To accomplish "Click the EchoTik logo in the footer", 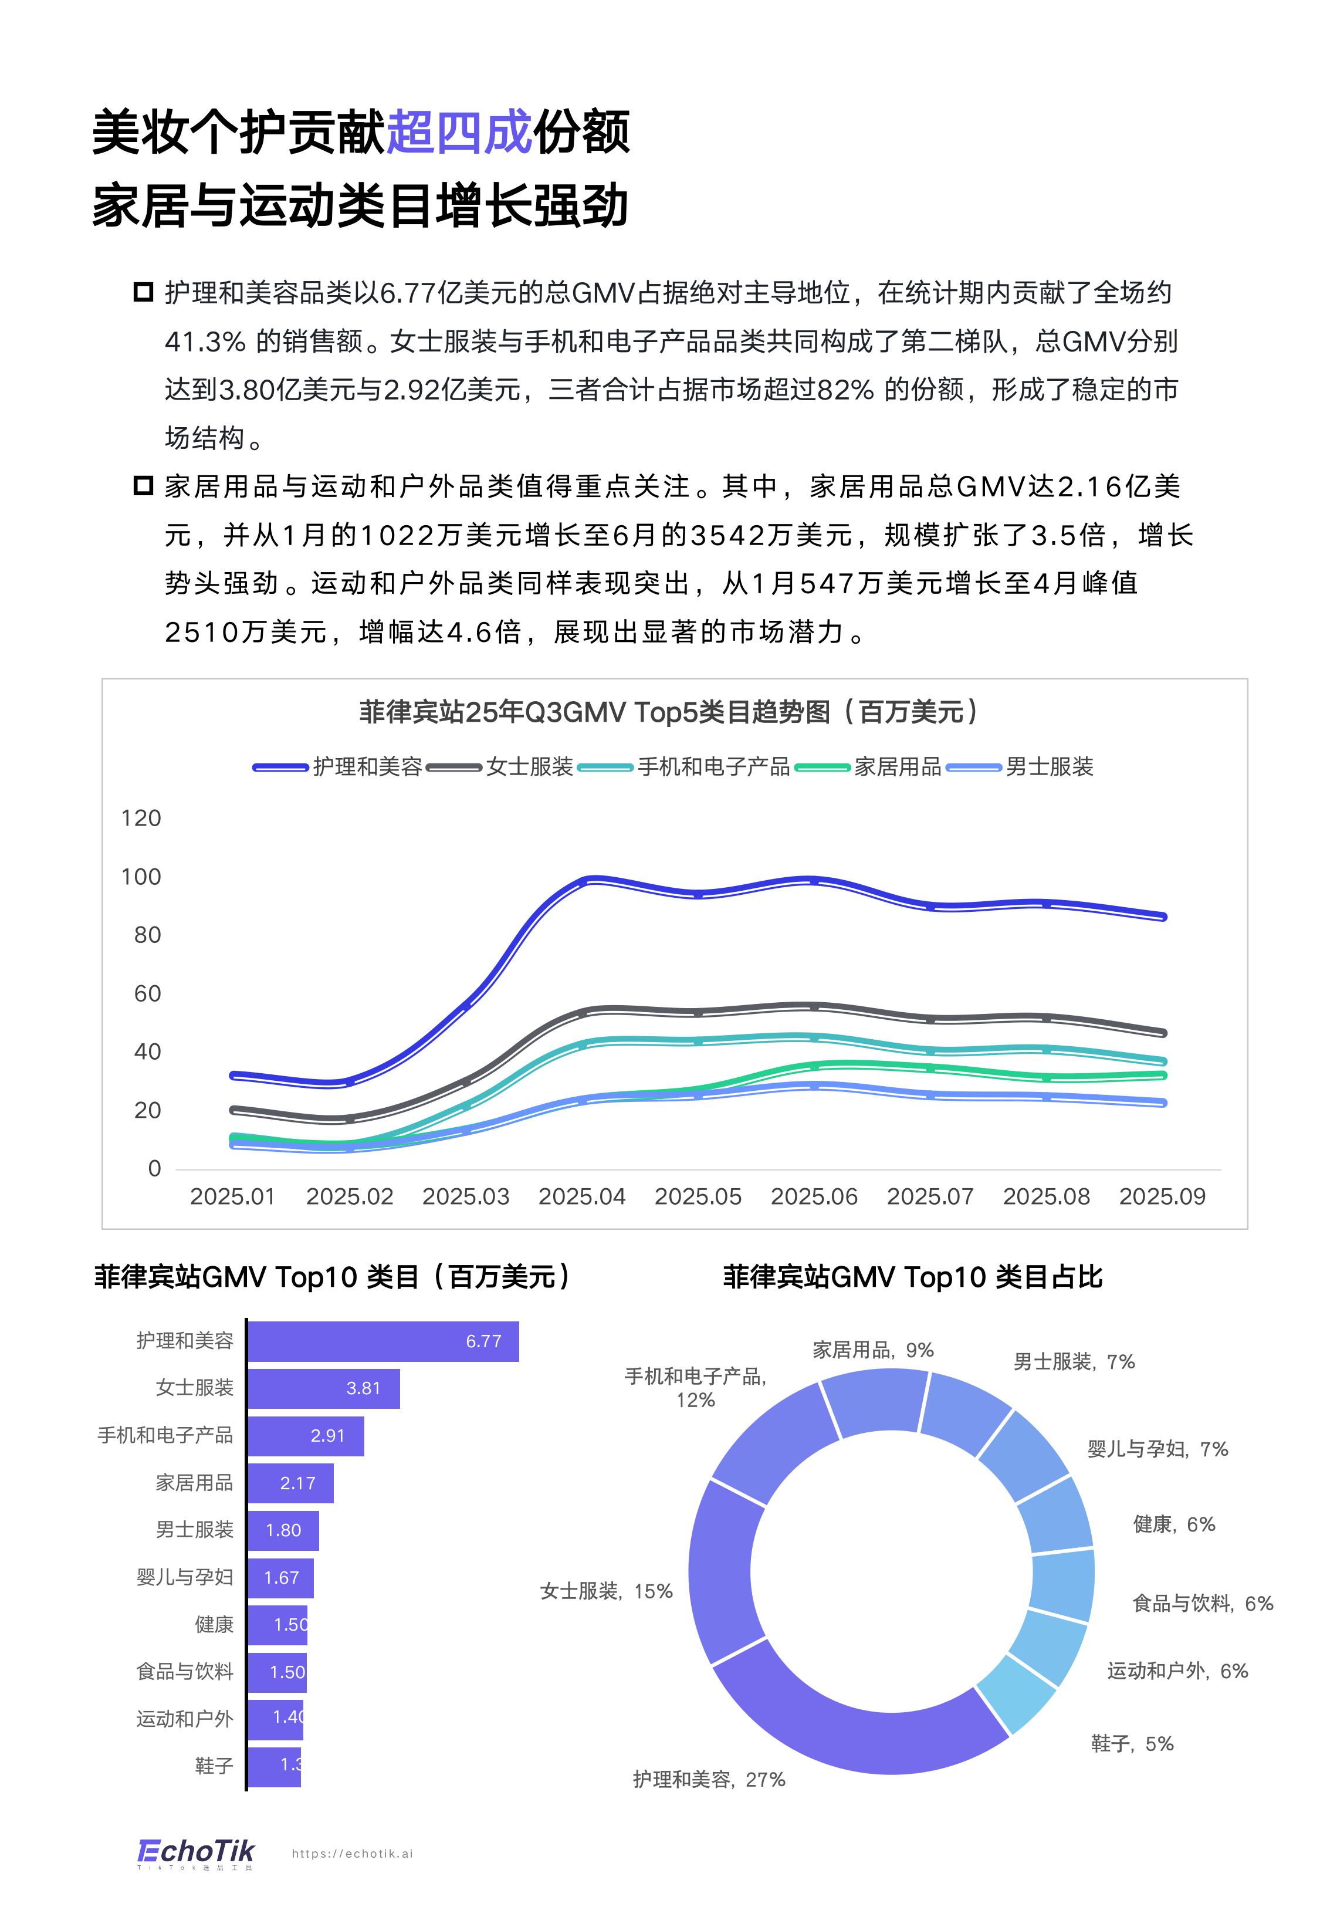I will click(195, 1852).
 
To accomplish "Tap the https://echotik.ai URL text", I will click(353, 1853).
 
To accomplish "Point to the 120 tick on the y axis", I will click(141, 818).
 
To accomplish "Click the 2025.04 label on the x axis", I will click(581, 1196).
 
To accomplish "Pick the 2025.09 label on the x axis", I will click(1162, 1196).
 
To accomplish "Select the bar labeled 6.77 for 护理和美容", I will click(383, 1341).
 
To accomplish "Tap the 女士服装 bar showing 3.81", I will click(323, 1388).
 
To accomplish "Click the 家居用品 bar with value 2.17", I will click(290, 1483).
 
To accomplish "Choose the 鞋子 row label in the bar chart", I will click(214, 1766).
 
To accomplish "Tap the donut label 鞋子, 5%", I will click(1132, 1743).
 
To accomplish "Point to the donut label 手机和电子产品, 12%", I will click(696, 1387).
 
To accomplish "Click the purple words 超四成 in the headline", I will click(458, 132).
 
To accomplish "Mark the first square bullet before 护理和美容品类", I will click(144, 292).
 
